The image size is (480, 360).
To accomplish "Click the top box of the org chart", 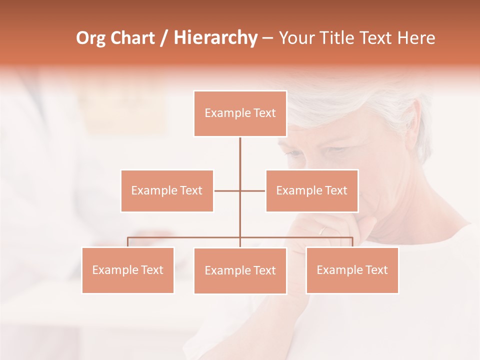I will pyautogui.click(x=240, y=113).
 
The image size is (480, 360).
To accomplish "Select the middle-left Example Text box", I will pyautogui.click(x=167, y=190).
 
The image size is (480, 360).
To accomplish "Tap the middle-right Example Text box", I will pyautogui.click(x=311, y=190).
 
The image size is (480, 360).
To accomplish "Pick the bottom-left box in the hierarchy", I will pyautogui.click(x=128, y=270).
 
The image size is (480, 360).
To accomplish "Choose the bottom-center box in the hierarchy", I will pyautogui.click(x=240, y=270).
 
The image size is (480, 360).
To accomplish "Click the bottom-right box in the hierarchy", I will pyautogui.click(x=352, y=270).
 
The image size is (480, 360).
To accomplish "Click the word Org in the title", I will pyautogui.click(x=90, y=38).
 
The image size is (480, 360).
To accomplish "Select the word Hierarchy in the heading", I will pyautogui.click(x=215, y=38).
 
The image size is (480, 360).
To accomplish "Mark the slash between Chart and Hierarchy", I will pyautogui.click(x=164, y=38).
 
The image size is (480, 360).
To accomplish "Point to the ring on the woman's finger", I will pyautogui.click(x=322, y=230).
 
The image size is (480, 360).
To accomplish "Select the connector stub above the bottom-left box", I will pyautogui.click(x=128, y=242).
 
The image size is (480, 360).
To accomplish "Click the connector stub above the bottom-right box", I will pyautogui.click(x=352, y=242).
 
